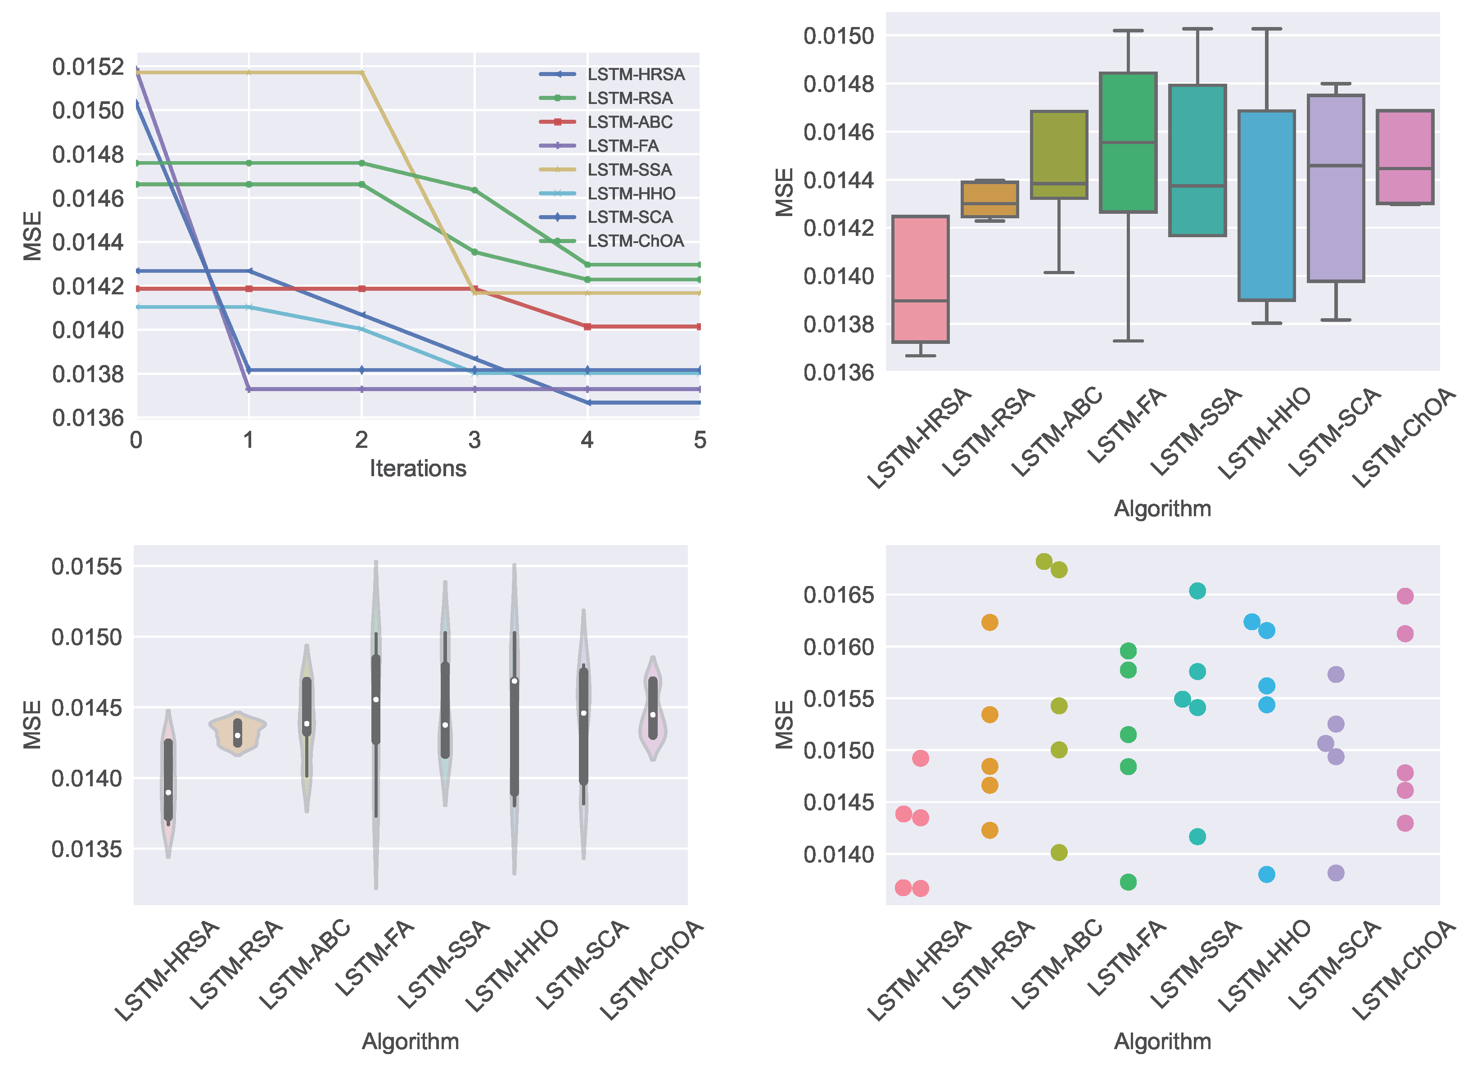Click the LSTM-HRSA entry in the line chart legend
(635, 74)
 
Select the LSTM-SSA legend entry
(629, 170)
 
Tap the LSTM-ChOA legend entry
(635, 241)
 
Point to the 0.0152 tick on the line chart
(88, 67)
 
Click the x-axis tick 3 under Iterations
(474, 440)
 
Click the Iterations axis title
(418, 468)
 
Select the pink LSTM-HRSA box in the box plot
(920, 280)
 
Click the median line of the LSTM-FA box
(1128, 142)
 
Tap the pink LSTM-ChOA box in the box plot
(1405, 157)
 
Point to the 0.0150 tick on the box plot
(839, 35)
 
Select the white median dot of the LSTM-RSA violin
(238, 735)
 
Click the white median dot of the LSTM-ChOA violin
(653, 714)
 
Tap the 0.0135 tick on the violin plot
(86, 849)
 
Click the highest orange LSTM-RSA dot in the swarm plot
(989, 622)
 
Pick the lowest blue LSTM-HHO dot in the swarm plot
(1266, 874)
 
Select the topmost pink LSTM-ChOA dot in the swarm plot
(1405, 596)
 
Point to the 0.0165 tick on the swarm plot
(839, 594)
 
